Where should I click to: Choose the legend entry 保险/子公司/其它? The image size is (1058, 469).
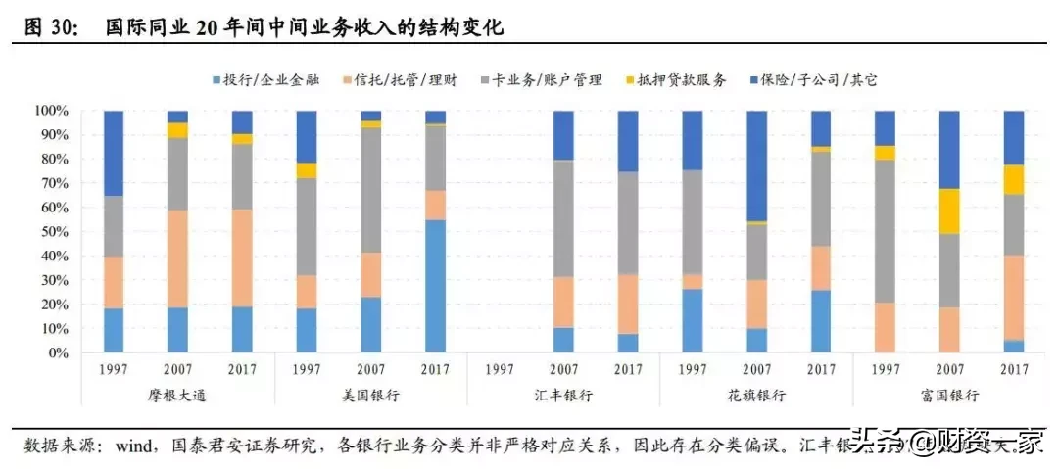click(x=812, y=80)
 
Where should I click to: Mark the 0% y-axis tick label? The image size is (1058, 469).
click(x=53, y=352)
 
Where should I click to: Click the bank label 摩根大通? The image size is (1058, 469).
click(x=177, y=395)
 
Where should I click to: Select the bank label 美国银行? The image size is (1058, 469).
click(x=369, y=395)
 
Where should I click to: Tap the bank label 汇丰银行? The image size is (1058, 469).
click(x=562, y=395)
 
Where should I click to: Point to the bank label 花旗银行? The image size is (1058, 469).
click(x=756, y=395)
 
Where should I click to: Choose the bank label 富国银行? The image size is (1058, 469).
click(x=949, y=395)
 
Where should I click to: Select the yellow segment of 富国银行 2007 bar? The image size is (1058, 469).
click(x=949, y=211)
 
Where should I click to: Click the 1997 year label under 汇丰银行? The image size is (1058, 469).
click(x=499, y=368)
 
